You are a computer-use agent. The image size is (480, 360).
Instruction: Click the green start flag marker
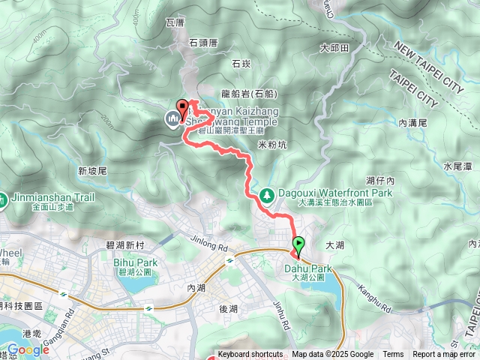298,244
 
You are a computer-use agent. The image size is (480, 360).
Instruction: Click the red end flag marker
181,106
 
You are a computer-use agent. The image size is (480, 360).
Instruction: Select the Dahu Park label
308,268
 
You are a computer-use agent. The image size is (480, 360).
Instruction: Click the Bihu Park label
136,263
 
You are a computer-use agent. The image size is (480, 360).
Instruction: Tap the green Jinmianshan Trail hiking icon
5,200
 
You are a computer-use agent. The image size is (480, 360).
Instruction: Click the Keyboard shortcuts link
250,355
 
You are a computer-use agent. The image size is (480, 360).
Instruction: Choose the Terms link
393,355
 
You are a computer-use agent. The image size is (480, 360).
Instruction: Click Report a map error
444,355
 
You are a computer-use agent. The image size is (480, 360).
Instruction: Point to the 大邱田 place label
334,48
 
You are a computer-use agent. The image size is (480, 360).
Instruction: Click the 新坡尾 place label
93,171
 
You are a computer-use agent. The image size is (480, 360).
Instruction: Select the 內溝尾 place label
412,121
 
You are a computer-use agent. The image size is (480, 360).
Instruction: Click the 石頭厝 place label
203,43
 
